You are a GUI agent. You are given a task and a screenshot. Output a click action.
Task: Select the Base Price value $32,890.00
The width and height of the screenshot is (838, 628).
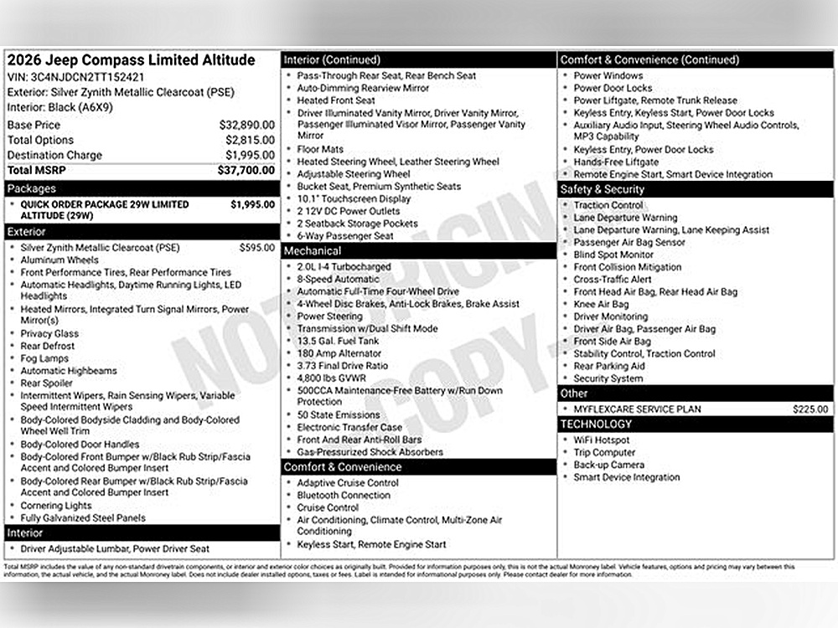point(247,125)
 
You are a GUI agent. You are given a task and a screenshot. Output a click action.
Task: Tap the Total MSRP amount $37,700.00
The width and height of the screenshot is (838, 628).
point(246,170)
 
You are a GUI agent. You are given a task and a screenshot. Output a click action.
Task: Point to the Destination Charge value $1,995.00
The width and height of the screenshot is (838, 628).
point(250,155)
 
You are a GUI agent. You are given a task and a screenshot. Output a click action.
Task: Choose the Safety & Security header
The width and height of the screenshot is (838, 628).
point(603,189)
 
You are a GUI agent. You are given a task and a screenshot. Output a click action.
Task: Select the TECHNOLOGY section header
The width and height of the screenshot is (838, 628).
point(596,425)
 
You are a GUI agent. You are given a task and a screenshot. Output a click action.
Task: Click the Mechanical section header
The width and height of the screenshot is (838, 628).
point(313,251)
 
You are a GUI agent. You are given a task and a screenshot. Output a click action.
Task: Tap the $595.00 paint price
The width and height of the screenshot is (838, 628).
point(256,247)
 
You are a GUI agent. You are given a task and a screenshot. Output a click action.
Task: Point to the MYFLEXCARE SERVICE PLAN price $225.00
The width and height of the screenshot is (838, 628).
point(810,409)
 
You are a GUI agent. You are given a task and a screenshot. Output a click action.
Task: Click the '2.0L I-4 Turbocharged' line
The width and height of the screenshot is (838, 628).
point(344,267)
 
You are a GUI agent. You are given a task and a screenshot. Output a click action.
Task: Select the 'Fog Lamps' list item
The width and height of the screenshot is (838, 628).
point(46,358)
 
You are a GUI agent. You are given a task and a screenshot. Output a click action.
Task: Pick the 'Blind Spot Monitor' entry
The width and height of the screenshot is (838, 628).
point(613,255)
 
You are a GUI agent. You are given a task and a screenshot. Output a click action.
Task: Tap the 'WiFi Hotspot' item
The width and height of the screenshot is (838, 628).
point(602,440)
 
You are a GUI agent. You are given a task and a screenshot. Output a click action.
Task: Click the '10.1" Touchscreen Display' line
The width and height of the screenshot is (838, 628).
point(354,199)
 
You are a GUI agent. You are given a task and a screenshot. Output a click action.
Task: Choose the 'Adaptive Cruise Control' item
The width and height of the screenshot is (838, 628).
point(348,483)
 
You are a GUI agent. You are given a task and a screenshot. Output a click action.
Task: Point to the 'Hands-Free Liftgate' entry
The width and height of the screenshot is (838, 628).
point(616,162)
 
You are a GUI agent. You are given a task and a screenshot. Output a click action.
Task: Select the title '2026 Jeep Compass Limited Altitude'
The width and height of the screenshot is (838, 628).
point(131,60)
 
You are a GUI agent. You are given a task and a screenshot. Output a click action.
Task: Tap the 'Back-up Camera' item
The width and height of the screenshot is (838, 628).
point(609,465)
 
